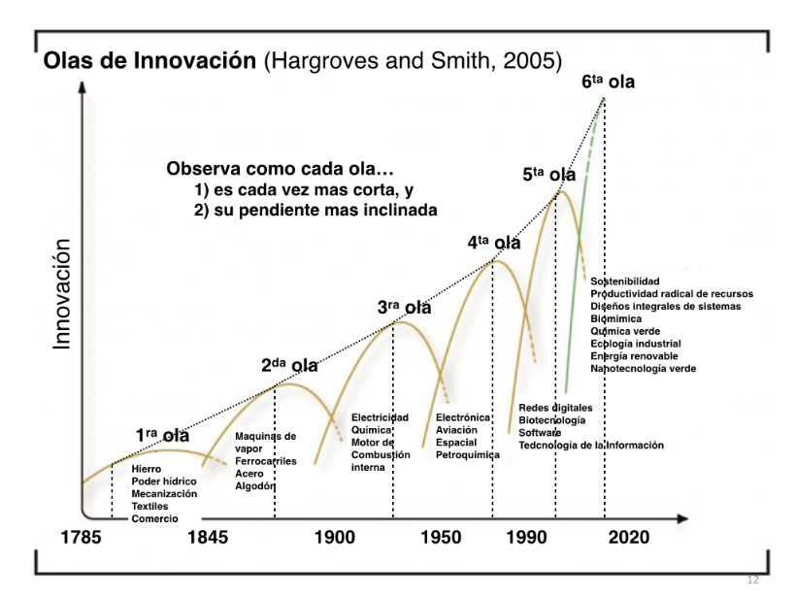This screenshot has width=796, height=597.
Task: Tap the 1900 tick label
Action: point(337,537)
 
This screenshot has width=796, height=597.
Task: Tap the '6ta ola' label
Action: point(608,83)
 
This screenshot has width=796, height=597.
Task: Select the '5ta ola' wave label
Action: point(548,175)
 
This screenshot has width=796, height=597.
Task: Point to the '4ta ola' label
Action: point(493,243)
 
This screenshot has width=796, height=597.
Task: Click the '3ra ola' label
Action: point(404,308)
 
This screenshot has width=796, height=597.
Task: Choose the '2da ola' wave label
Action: point(289,366)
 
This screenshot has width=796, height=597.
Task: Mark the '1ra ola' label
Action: point(161,436)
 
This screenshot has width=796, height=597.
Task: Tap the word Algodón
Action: point(255,486)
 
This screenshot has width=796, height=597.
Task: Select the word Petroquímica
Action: point(468,454)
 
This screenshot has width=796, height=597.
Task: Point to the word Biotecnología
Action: point(552,420)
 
